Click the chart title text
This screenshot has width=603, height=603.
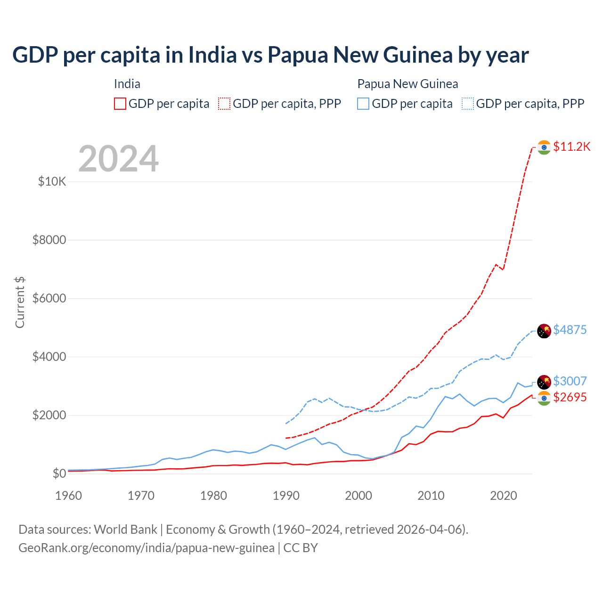[270, 55]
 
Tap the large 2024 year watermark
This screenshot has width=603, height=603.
[118, 159]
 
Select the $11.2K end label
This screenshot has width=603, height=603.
[571, 147]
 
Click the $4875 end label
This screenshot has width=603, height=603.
[570, 330]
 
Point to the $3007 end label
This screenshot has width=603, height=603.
[570, 381]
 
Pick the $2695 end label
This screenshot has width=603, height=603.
[570, 398]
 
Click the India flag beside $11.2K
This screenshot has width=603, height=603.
[544, 147]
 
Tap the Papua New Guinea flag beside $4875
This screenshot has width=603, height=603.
[544, 331]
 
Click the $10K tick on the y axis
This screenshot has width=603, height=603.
[52, 181]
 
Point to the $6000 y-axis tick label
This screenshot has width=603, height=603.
[49, 298]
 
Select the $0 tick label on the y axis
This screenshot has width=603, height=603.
[59, 473]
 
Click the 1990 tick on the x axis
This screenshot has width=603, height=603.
[286, 496]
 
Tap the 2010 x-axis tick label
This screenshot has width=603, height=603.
[431, 496]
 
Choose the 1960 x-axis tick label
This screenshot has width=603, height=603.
[69, 496]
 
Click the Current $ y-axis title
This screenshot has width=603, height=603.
[20, 302]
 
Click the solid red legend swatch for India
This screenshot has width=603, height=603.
[120, 104]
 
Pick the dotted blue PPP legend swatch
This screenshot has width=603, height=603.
[468, 104]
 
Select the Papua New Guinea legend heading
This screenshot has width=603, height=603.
[407, 84]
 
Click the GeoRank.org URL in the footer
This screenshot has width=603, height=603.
[147, 548]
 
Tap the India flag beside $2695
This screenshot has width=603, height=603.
[544, 399]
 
